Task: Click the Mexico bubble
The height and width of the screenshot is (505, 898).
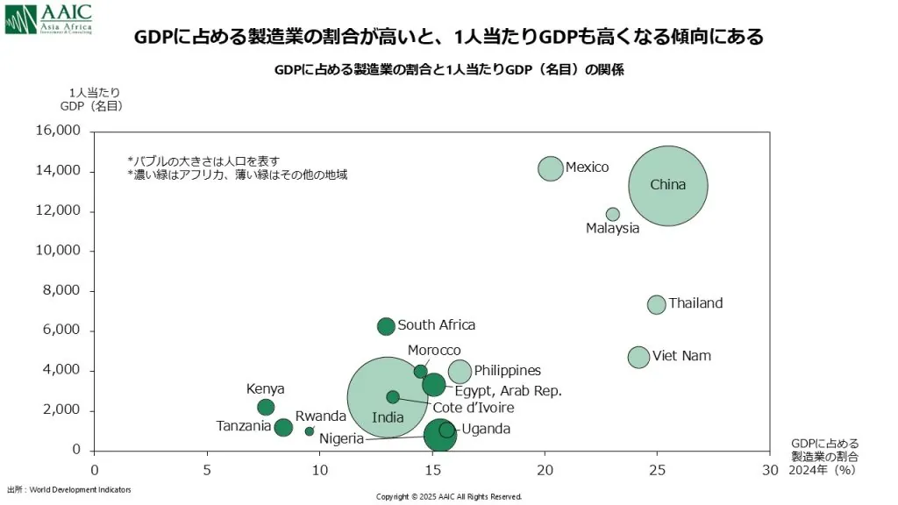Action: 550,168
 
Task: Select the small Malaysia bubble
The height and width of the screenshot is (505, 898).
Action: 613,214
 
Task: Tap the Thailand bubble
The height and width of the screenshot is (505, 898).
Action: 657,304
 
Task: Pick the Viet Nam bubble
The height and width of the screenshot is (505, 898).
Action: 638,357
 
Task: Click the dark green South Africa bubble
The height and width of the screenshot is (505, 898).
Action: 386,326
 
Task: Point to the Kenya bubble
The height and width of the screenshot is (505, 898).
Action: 266,407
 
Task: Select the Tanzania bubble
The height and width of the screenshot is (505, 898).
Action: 283,428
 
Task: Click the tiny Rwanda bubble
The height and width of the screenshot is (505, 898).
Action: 310,431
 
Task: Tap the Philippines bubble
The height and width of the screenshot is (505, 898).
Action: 460,372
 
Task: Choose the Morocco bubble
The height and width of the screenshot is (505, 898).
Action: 421,372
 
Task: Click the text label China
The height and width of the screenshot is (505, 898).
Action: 667,185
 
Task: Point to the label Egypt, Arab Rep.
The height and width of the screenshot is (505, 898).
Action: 508,391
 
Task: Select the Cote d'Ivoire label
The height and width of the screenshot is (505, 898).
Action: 474,408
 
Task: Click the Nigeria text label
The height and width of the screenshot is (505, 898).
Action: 341,438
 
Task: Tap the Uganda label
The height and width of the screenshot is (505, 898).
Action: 486,429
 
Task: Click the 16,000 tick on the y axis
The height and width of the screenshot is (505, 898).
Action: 58,131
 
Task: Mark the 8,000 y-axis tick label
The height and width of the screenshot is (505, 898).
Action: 61,290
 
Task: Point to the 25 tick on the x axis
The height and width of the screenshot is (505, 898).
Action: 658,469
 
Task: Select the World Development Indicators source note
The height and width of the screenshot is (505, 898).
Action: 69,489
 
